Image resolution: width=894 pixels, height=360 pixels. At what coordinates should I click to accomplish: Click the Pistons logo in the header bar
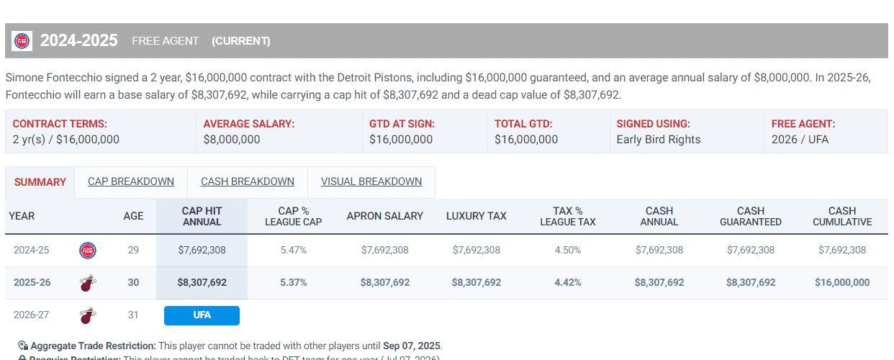pyautogui.click(x=22, y=41)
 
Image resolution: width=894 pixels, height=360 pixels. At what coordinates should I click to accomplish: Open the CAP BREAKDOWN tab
pyautogui.click(x=131, y=181)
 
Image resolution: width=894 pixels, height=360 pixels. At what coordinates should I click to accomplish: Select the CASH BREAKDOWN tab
pyautogui.click(x=247, y=181)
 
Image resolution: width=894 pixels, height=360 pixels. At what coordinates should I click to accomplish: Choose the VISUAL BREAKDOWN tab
pyautogui.click(x=371, y=181)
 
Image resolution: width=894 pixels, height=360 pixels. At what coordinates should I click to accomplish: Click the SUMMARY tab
pyautogui.click(x=40, y=182)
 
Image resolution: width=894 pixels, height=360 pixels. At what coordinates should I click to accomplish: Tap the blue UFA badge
pyautogui.click(x=202, y=315)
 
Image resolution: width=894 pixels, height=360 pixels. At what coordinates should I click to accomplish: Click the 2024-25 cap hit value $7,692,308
pyautogui.click(x=202, y=250)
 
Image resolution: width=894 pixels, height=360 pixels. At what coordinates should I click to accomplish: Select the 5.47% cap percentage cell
pyautogui.click(x=293, y=250)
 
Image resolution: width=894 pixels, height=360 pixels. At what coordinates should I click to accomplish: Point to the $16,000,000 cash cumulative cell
pyautogui.click(x=841, y=282)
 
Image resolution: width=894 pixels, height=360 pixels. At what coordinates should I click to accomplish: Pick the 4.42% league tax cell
pyautogui.click(x=567, y=282)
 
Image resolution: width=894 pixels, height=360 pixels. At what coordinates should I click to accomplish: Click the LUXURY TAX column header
pyautogui.click(x=476, y=216)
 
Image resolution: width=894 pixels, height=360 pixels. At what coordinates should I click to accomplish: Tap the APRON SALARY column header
pyautogui.click(x=384, y=216)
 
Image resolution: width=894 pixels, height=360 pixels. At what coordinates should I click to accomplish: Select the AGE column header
pyautogui.click(x=133, y=216)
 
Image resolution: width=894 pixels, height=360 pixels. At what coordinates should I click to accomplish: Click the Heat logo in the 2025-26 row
pyautogui.click(x=88, y=282)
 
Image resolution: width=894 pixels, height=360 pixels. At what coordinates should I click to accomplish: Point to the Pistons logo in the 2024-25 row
pyautogui.click(x=88, y=250)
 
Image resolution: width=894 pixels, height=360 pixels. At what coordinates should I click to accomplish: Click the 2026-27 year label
pyautogui.click(x=32, y=315)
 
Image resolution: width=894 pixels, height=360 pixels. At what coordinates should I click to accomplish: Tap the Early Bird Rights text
pyautogui.click(x=658, y=140)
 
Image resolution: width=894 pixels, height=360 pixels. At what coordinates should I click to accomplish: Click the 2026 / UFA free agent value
pyautogui.click(x=800, y=140)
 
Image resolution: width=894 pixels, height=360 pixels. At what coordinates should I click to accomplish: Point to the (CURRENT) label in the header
pyautogui.click(x=241, y=41)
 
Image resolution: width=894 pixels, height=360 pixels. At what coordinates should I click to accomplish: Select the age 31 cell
pyautogui.click(x=133, y=315)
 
